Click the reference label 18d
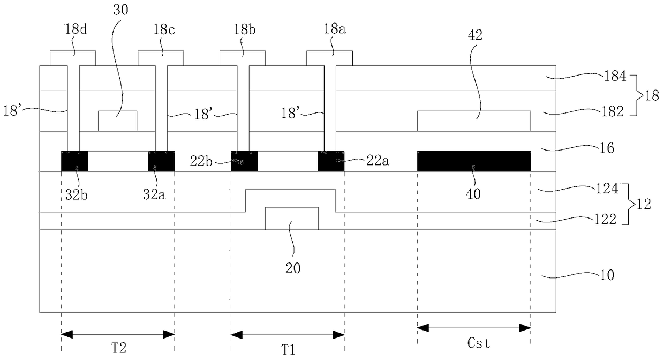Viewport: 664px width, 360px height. click(76, 29)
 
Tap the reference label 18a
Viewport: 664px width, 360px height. click(334, 29)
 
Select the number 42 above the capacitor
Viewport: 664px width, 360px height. click(475, 35)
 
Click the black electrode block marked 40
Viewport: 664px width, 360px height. click(474, 161)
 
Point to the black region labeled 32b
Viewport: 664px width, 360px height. click(74, 161)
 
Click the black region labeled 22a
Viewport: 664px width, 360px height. click(331, 161)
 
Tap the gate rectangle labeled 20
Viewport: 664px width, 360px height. click(292, 219)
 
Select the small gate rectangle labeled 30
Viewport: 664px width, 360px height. click(117, 121)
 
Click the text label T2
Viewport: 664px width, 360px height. click(118, 348)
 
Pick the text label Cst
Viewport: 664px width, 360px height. click(478, 343)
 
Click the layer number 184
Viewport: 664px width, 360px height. click(615, 76)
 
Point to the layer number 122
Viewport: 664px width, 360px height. click(605, 220)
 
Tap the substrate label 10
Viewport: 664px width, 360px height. click(607, 275)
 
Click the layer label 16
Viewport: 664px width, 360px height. click(607, 148)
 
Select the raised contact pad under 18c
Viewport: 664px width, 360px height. click(161, 58)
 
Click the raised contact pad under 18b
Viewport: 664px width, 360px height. click(243, 58)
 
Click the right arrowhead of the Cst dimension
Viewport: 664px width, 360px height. click(525, 328)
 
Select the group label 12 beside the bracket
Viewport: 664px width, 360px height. click(643, 204)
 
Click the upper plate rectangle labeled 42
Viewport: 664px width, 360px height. click(474, 121)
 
